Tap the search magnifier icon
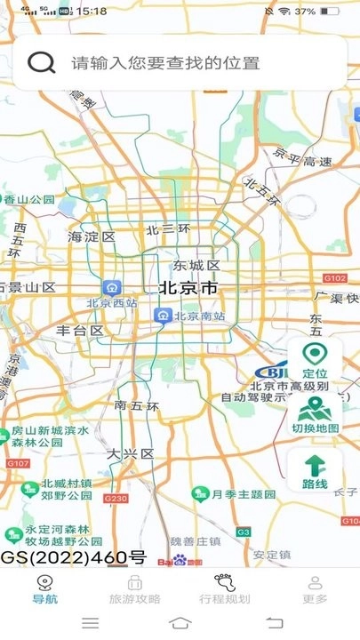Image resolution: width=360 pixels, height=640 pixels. point(41,62)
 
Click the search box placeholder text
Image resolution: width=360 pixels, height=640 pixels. point(165,63)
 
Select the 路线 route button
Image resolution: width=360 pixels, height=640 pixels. point(315,472)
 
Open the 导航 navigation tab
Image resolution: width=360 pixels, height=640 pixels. point(44,589)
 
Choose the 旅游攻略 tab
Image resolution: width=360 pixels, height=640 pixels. point(134,589)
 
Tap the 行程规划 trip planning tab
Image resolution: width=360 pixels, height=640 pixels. point(224,589)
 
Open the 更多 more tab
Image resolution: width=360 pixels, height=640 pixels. point(314,589)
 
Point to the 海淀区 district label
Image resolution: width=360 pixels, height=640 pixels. point(92,237)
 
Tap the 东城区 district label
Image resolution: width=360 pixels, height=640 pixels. point(196,265)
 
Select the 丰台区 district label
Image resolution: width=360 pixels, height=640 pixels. point(80,331)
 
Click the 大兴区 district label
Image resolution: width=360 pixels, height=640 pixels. point(131,453)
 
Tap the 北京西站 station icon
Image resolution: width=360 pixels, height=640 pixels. point(113,288)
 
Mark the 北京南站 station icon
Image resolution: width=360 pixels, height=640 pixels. point(163,315)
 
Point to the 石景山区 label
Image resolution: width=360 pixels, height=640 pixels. point(28,288)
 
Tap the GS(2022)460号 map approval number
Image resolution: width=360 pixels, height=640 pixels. point(73,557)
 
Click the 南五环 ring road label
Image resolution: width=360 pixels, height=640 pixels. point(137,406)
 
